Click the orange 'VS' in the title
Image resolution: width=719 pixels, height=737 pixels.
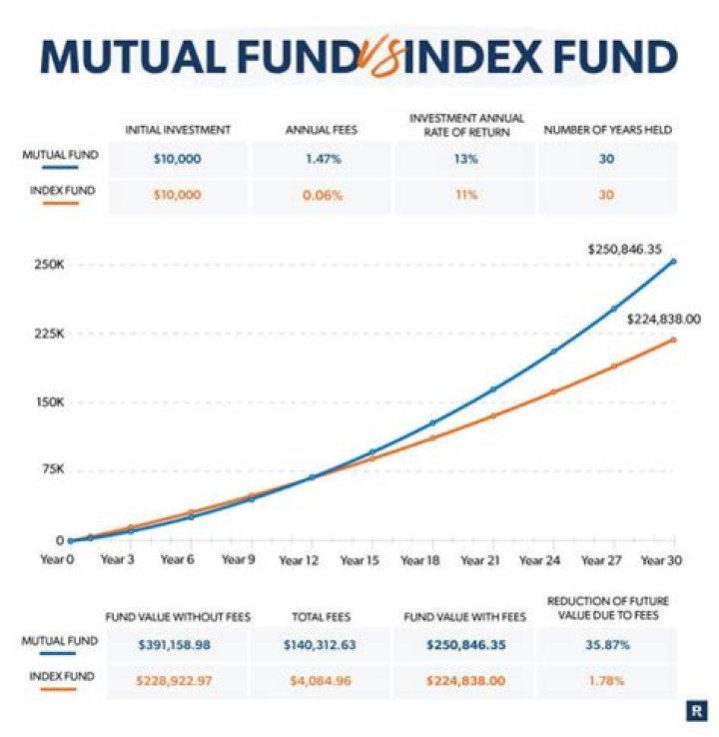tap(375, 57)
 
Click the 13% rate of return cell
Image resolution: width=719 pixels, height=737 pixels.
tap(465, 159)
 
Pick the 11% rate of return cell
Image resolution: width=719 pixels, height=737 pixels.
tap(465, 194)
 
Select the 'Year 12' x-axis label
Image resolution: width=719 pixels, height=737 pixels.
tap(300, 560)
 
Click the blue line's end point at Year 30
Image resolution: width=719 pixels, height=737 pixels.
tap(673, 262)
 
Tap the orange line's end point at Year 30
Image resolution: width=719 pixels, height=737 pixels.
tap(673, 340)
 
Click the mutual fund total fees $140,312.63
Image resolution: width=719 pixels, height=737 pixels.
tap(320, 644)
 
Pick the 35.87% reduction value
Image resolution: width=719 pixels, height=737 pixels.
tap(607, 644)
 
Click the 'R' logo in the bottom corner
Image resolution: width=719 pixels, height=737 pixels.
tap(695, 710)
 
